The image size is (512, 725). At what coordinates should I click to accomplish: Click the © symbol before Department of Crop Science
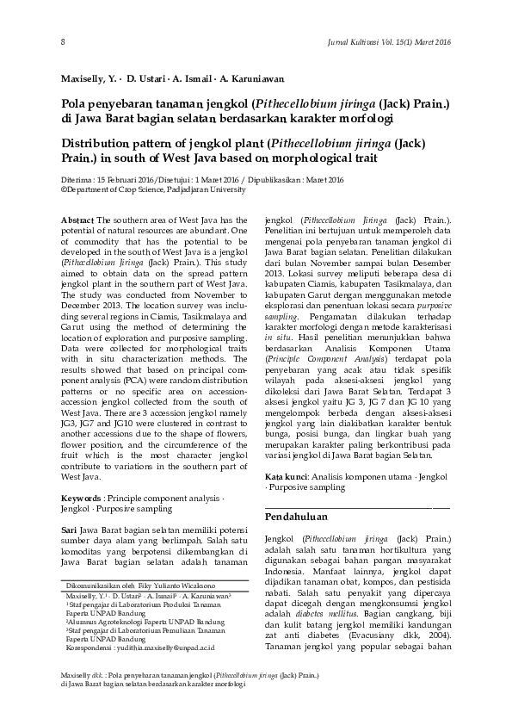pyautogui.click(x=64, y=189)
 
